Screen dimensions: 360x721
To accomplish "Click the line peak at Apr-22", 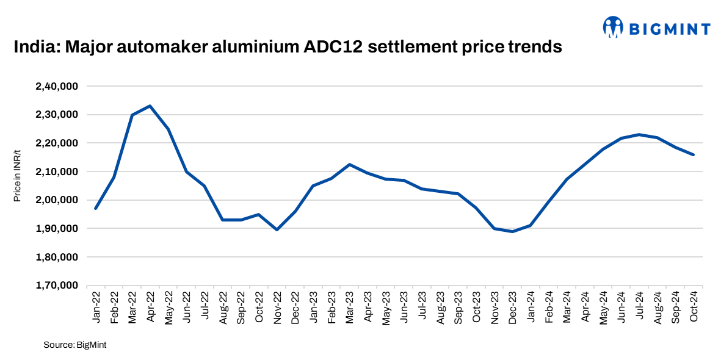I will click(x=150, y=106).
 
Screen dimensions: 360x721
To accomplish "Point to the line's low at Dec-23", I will click(x=512, y=231).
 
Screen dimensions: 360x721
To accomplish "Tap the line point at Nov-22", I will click(x=277, y=229).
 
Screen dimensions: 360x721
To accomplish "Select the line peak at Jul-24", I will click(x=639, y=134).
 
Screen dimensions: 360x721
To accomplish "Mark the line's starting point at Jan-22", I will click(x=96, y=209).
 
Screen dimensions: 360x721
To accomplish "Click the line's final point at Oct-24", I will click(x=694, y=154).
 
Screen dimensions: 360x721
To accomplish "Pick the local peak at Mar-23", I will click(x=349, y=164).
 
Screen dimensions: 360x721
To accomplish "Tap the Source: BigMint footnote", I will click(x=75, y=345).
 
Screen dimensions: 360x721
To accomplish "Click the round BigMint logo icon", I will click(x=613, y=26).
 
